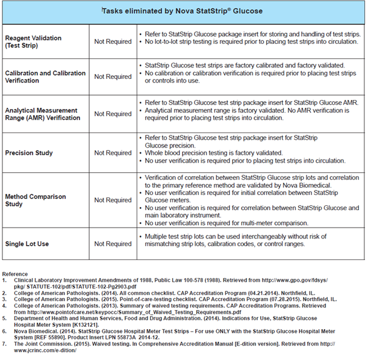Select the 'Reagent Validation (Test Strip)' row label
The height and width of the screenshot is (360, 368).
click(35, 41)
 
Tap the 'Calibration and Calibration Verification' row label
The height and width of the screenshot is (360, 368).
click(45, 77)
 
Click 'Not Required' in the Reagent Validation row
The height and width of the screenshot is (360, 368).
click(113, 42)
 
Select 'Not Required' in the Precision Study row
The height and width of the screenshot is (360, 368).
click(113, 153)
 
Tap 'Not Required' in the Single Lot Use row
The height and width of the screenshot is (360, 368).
click(113, 244)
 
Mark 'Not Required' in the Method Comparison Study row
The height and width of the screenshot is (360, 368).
click(113, 200)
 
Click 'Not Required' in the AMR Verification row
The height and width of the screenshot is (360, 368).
click(113, 114)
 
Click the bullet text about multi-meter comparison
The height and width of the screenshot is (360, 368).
click(222, 223)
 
